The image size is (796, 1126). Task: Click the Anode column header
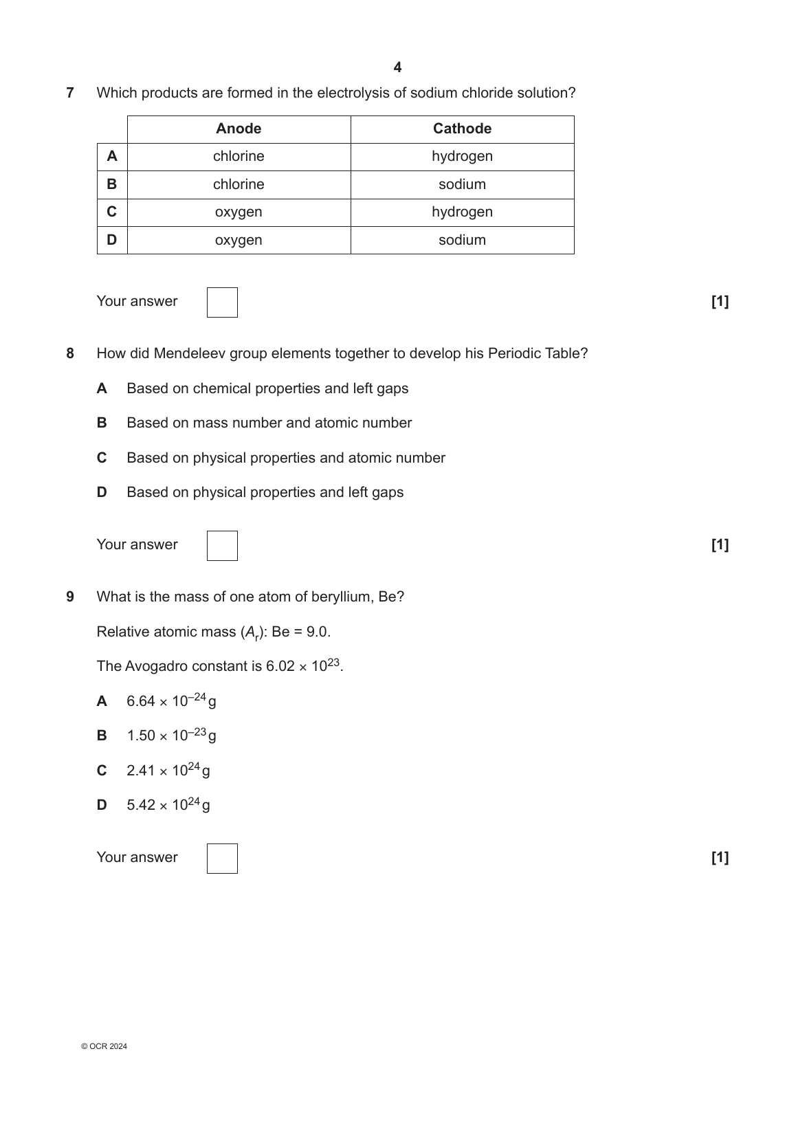coord(239,129)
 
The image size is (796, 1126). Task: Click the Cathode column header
coord(462,129)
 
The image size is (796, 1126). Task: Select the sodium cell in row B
coord(462,185)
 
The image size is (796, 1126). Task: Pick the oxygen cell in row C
coord(239,212)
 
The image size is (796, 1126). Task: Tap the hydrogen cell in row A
coord(462,157)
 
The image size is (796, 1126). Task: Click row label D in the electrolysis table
coord(112,240)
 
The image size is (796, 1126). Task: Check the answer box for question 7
coord(222,302)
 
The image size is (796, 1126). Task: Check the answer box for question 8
coord(222,546)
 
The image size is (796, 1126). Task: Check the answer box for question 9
coord(222,859)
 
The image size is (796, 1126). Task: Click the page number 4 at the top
coord(397,67)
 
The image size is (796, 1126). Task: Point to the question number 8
coord(70,354)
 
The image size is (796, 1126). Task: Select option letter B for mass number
coord(102,423)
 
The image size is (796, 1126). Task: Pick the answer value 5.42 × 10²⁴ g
coord(168,805)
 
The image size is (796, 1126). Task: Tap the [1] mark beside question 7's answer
coord(720,302)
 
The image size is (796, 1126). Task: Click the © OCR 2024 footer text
coord(104,1047)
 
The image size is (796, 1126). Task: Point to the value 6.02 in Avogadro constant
coord(280,667)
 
